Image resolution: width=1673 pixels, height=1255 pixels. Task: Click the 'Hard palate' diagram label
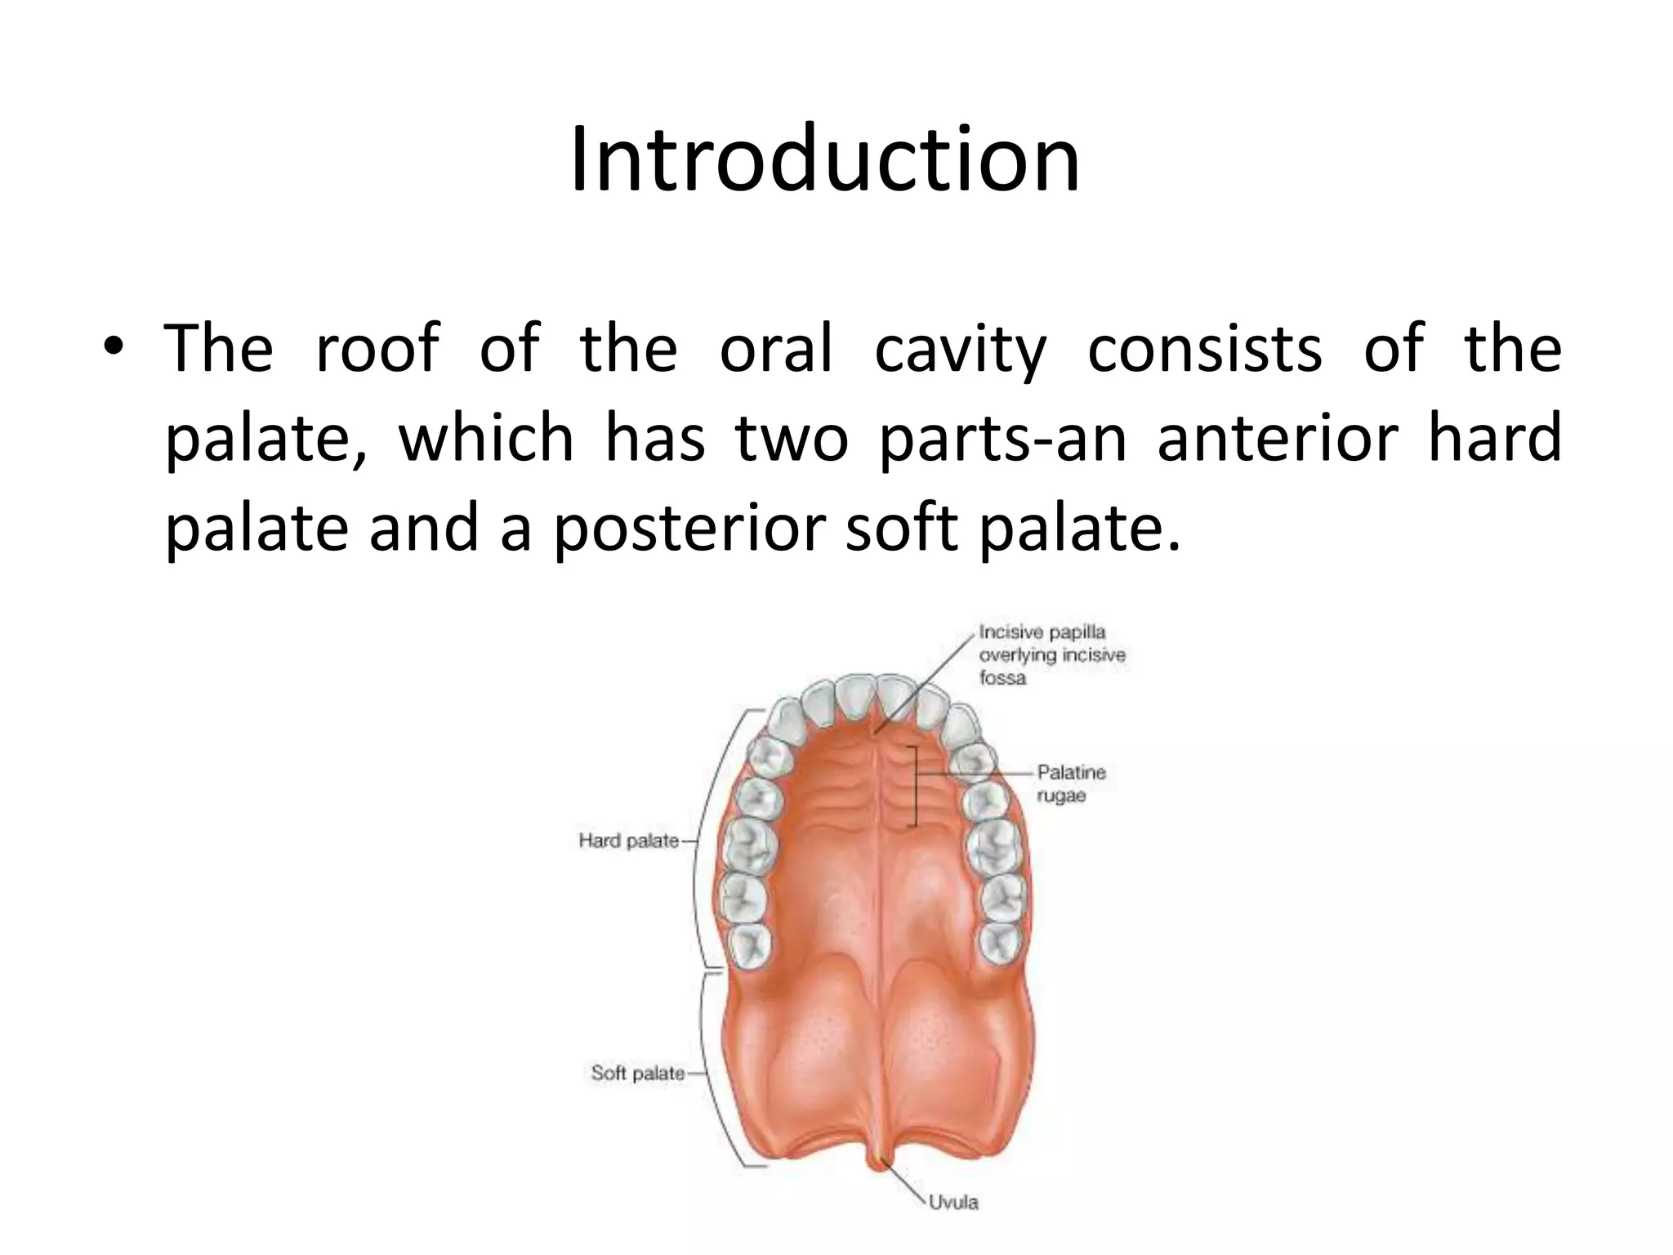click(628, 841)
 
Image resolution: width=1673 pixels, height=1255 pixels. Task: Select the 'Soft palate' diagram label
click(637, 1073)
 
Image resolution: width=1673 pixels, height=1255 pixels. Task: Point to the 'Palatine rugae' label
click(1071, 783)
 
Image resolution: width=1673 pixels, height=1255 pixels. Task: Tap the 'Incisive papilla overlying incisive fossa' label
click(1051, 654)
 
